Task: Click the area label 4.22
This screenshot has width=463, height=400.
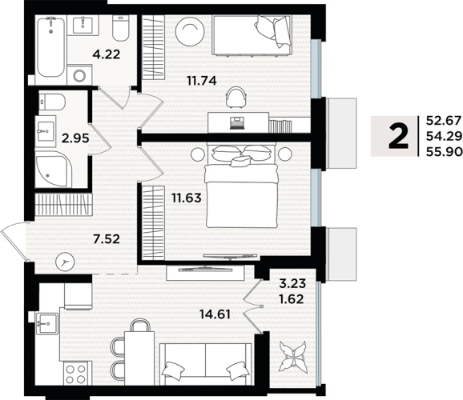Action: [x=107, y=54]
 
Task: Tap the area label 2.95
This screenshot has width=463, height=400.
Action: [x=75, y=138]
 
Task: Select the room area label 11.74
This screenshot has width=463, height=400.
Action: [x=202, y=80]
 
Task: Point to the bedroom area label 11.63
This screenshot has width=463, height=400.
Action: [x=187, y=198]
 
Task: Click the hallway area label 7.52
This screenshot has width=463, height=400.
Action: [x=107, y=238]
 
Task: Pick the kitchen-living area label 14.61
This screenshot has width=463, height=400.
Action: [x=215, y=314]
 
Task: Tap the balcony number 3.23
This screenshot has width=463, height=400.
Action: [x=292, y=284]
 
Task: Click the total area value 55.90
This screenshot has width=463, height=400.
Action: [x=444, y=152]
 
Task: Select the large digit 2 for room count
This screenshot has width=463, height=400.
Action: [x=398, y=136]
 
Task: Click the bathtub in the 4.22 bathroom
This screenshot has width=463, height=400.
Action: [x=50, y=46]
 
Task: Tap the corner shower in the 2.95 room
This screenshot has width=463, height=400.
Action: [x=54, y=169]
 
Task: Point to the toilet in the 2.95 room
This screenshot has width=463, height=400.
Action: [x=52, y=102]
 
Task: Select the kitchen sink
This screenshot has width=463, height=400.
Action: [x=46, y=324]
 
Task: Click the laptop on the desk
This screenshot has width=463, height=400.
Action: [x=237, y=123]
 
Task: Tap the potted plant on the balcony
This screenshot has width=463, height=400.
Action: [x=292, y=356]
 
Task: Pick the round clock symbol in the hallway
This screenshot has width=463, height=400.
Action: [x=65, y=262]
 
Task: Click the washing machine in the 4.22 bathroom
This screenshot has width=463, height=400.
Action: [x=79, y=75]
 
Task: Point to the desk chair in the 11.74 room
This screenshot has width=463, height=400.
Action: [x=236, y=97]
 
